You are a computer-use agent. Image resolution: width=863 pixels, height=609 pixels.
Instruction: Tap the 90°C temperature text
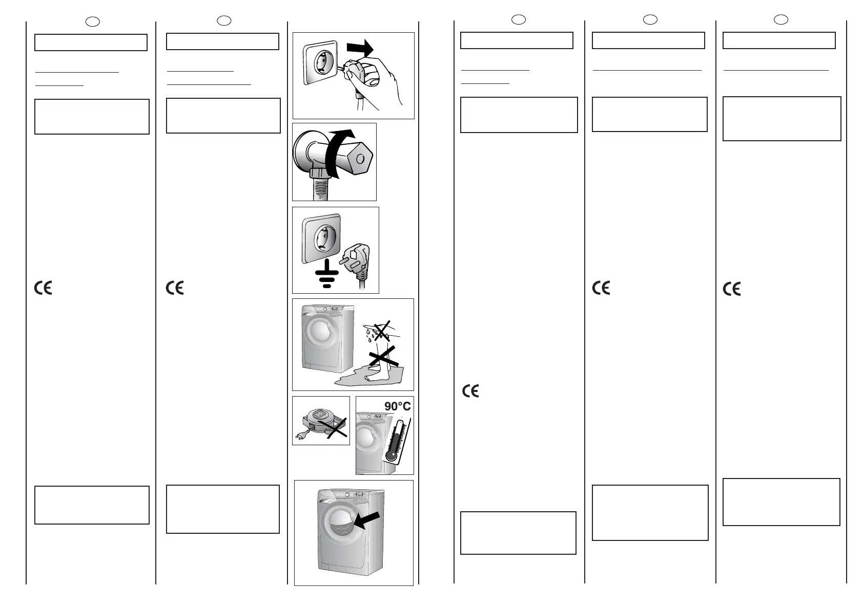tap(397, 407)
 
